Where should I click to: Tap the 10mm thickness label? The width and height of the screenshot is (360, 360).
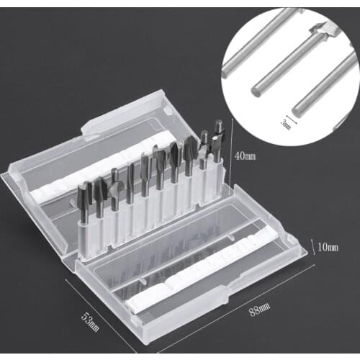click(328, 248)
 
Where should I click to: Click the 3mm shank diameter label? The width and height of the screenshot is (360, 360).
click(286, 125)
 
